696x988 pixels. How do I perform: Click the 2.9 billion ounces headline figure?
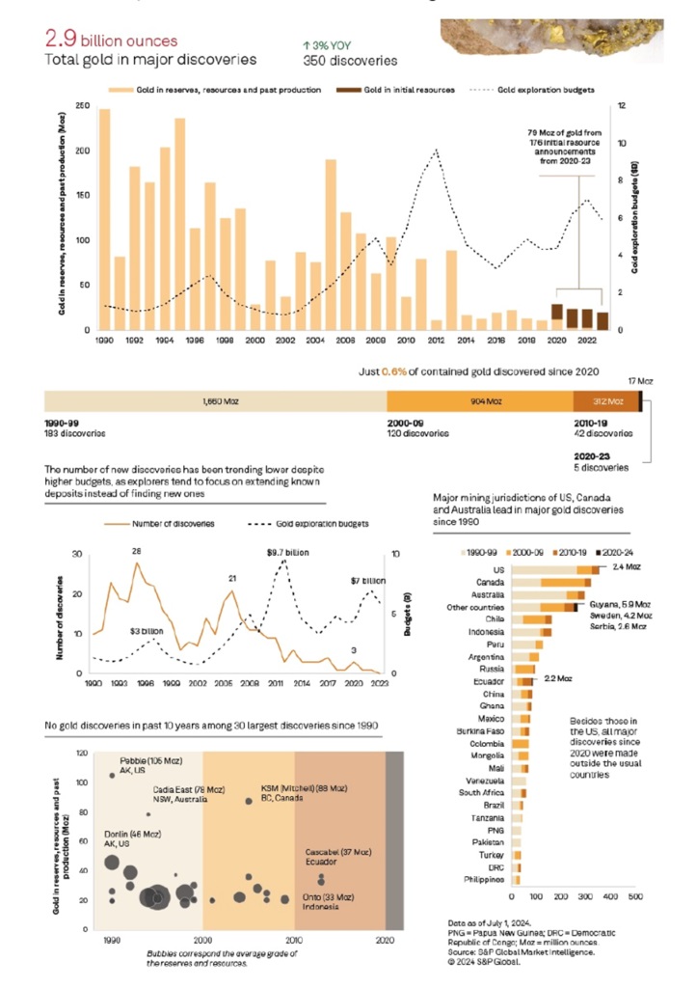[x=111, y=41]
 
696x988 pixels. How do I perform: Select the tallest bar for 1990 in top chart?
[x=104, y=219]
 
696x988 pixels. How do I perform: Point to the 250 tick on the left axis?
[x=83, y=105]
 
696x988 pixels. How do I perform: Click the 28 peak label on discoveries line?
[x=137, y=551]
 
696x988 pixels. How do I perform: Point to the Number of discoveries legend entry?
[x=174, y=524]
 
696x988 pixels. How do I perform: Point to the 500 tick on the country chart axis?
[x=635, y=896]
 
